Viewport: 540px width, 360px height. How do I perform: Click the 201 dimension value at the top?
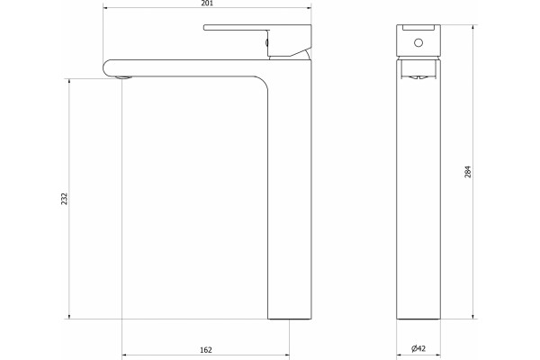207,4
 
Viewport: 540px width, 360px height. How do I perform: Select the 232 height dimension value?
65,199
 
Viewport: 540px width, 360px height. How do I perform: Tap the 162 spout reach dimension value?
206,350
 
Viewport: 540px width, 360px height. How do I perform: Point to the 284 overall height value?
468,172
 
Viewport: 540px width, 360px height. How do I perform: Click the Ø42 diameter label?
418,348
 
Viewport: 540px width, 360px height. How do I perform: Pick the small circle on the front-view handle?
418,42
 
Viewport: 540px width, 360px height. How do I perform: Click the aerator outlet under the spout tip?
123,76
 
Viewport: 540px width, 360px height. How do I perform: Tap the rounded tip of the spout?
106,67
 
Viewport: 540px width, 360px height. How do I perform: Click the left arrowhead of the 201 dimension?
105,7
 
